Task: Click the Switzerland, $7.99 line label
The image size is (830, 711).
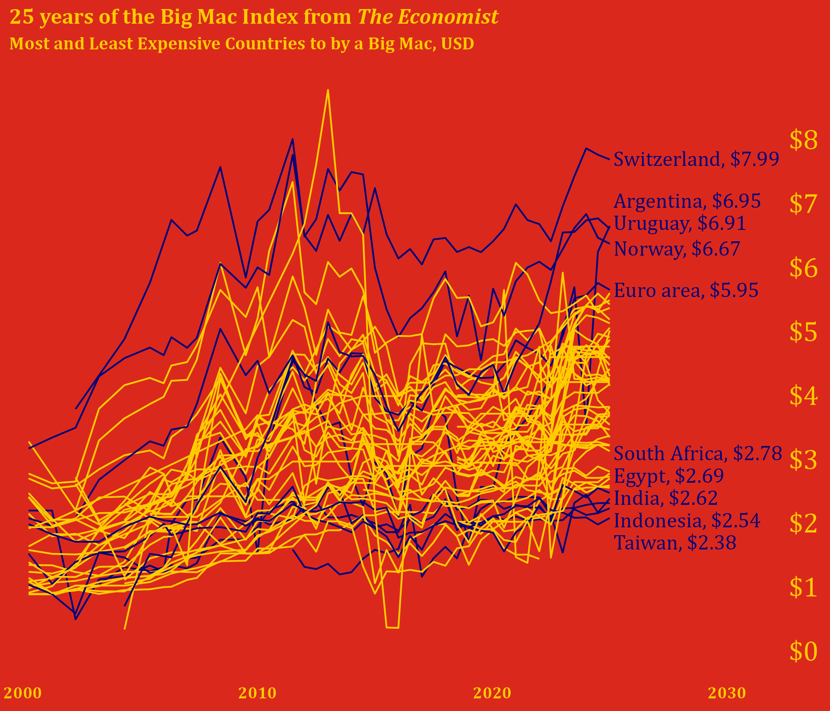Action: pyautogui.click(x=696, y=159)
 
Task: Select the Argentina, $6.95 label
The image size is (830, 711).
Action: pyautogui.click(x=687, y=201)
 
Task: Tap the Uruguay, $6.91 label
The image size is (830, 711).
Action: pyautogui.click(x=680, y=224)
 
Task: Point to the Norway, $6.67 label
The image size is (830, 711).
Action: pyautogui.click(x=677, y=249)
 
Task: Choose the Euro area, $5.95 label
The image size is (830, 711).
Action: pyautogui.click(x=686, y=290)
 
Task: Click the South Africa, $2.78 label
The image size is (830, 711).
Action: pyautogui.click(x=698, y=453)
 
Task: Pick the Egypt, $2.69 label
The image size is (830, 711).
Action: pyautogui.click(x=669, y=476)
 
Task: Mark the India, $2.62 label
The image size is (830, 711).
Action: pyautogui.click(x=665, y=498)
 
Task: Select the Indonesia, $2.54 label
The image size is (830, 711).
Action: pyautogui.click(x=687, y=521)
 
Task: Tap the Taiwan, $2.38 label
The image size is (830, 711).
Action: pyautogui.click(x=675, y=543)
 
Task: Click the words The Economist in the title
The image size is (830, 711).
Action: pyautogui.click(x=428, y=17)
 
